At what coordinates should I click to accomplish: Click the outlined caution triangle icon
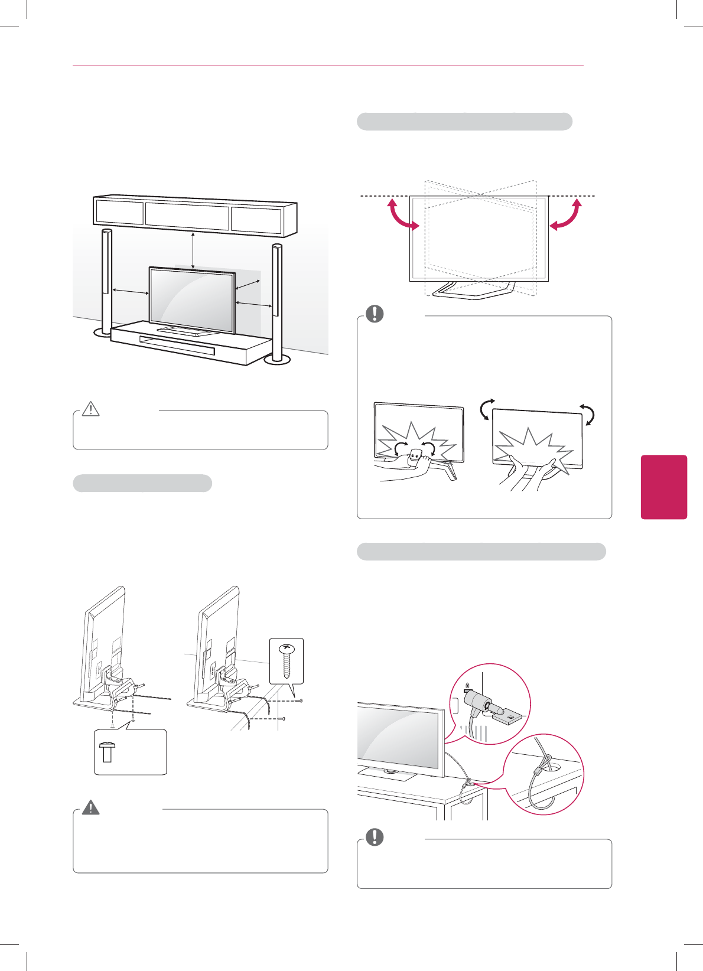click(x=90, y=409)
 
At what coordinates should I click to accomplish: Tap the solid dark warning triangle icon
click(x=90, y=807)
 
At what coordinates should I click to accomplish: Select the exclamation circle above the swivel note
click(x=375, y=314)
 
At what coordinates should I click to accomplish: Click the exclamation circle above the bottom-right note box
click(x=375, y=837)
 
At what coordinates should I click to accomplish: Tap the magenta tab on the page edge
click(x=663, y=487)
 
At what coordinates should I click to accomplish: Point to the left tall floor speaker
click(x=106, y=284)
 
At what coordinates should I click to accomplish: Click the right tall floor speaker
click(x=276, y=301)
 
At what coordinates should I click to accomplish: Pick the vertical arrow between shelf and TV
click(x=193, y=250)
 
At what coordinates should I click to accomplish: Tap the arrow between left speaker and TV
click(x=131, y=291)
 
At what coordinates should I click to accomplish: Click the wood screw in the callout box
click(x=287, y=660)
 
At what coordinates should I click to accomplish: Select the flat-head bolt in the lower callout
click(x=108, y=752)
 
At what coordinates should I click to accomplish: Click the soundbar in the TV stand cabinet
click(x=177, y=346)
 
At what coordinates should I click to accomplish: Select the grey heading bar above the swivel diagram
click(x=464, y=122)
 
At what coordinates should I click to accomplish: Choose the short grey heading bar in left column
click(x=142, y=483)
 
